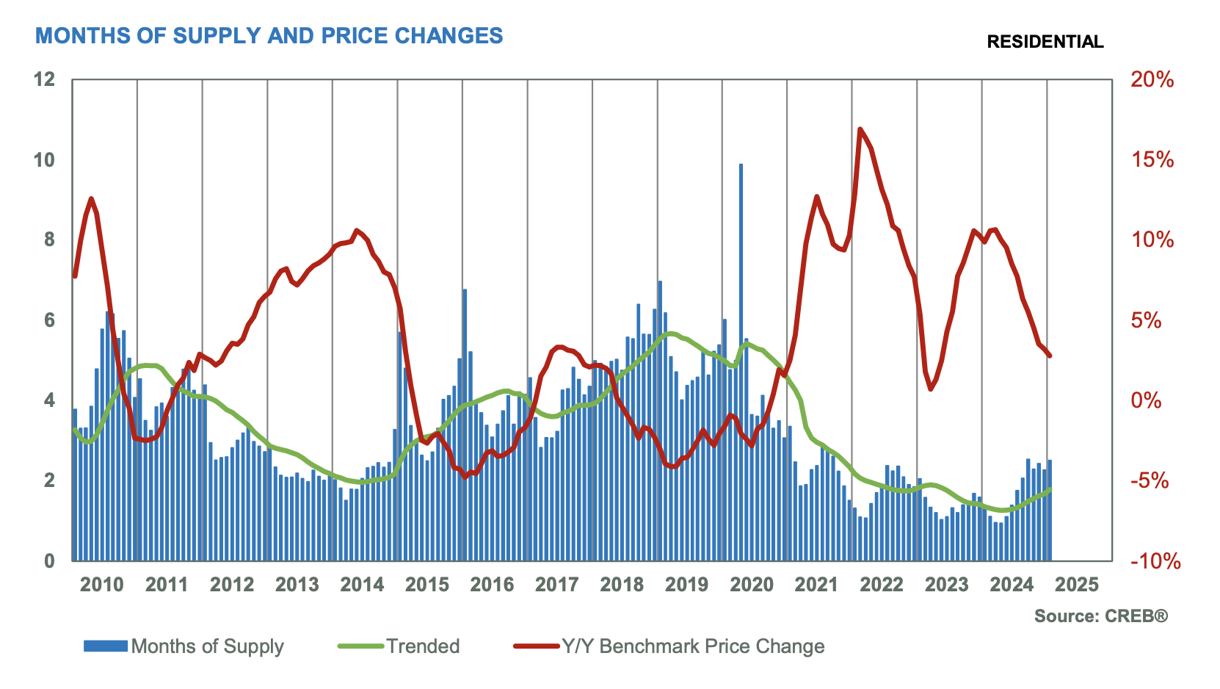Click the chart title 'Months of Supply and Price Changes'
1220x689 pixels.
[x=269, y=35]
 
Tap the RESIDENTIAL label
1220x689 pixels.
[x=1045, y=42]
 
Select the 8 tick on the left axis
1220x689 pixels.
[x=49, y=239]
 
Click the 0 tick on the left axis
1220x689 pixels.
[x=49, y=560]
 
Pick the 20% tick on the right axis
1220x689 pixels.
[x=1152, y=79]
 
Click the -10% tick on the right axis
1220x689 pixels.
[x=1155, y=561]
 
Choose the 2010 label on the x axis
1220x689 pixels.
[x=102, y=585]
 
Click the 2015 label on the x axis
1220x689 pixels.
[x=427, y=585]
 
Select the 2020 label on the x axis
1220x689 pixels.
[x=752, y=585]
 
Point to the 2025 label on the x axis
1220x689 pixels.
[x=1077, y=585]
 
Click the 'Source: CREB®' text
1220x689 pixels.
[x=1100, y=616]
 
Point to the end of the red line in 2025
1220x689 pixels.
[x=1050, y=356]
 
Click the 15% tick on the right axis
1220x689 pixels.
[x=1152, y=160]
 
